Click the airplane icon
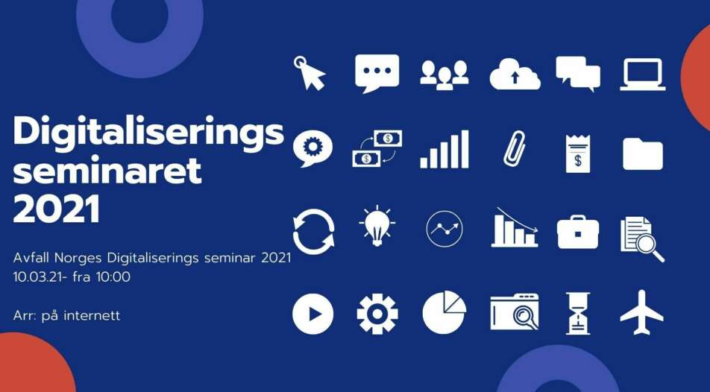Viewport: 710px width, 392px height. tap(641, 313)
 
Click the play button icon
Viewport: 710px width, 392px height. tap(313, 314)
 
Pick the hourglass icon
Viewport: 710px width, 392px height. tap(578, 313)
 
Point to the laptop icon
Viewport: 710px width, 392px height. tap(643, 75)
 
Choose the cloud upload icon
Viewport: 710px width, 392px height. tap(515, 74)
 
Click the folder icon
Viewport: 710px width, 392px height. tap(643, 154)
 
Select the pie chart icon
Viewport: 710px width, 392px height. tap(444, 313)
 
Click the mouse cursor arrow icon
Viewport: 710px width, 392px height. tap(310, 73)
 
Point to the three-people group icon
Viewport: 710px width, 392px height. tap(444, 75)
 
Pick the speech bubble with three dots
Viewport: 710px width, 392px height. tap(377, 73)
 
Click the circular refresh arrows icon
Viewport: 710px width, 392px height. tap(314, 231)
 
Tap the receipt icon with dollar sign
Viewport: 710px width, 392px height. tap(578, 154)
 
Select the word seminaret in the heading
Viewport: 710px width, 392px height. tap(107, 170)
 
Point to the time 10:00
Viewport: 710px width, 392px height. tap(113, 276)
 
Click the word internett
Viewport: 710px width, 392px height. tap(92, 315)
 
